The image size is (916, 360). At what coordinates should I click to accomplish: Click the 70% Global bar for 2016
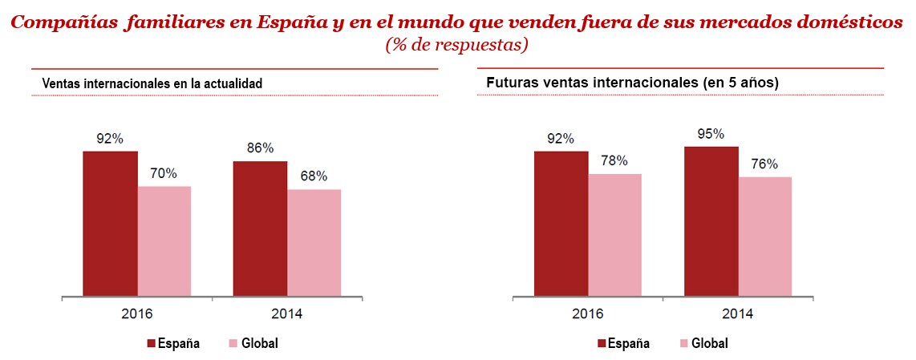click(x=164, y=241)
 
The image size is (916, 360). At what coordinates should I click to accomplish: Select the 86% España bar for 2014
click(x=260, y=229)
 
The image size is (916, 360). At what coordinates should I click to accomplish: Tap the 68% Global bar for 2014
click(x=314, y=243)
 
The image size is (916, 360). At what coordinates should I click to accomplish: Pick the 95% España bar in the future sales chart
click(x=711, y=221)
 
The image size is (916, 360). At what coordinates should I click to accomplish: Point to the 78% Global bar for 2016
click(x=614, y=235)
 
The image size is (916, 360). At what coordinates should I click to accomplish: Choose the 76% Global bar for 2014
click(x=765, y=237)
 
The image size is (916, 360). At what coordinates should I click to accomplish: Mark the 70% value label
click(x=164, y=174)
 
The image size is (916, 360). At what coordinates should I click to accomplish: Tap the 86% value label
click(x=260, y=148)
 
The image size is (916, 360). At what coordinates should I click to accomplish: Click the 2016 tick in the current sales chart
click(x=137, y=313)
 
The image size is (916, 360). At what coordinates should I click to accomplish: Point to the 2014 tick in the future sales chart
click(x=738, y=313)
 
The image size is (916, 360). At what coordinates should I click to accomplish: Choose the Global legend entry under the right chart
click(x=709, y=343)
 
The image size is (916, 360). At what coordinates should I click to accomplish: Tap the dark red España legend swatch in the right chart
click(x=602, y=343)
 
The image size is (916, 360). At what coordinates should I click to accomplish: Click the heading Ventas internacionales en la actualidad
click(x=152, y=83)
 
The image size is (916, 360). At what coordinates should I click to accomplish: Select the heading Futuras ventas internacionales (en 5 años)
click(x=633, y=83)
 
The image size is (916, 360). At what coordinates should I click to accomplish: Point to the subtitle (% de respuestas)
click(x=456, y=45)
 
